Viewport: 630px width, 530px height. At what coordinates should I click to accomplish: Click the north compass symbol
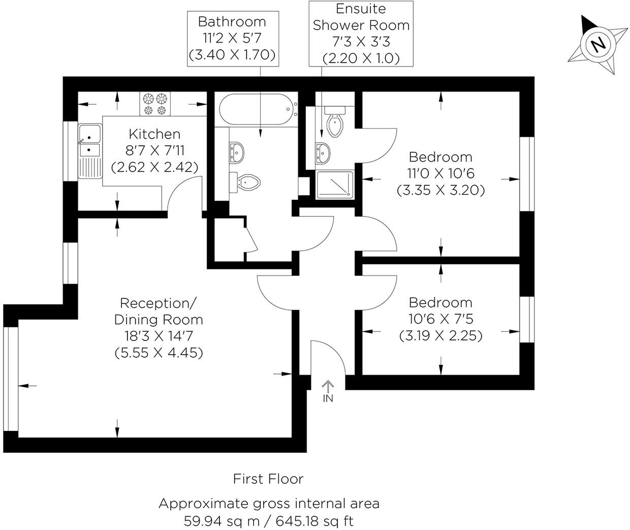pyautogui.click(x=598, y=45)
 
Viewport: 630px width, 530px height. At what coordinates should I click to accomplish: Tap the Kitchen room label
pyautogui.click(x=154, y=134)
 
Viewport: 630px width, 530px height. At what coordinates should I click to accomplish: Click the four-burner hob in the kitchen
pyautogui.click(x=155, y=104)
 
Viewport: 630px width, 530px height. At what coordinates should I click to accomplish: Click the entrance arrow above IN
pyautogui.click(x=328, y=386)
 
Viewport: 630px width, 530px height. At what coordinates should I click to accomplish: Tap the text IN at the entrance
pyautogui.click(x=328, y=399)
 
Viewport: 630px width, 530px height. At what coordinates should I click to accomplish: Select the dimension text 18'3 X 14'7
pyautogui.click(x=159, y=336)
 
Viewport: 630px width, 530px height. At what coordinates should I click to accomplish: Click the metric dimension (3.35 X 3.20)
pyautogui.click(x=440, y=190)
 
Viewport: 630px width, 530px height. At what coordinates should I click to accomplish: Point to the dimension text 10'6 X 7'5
pyautogui.click(x=440, y=319)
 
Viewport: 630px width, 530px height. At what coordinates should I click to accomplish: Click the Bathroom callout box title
pyautogui.click(x=232, y=22)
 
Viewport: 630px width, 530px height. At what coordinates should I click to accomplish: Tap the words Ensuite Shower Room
pyautogui.click(x=361, y=17)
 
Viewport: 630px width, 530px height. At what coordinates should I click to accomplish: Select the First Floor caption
pyautogui.click(x=268, y=479)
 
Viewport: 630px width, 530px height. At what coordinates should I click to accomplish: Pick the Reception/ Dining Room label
pyautogui.click(x=158, y=311)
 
